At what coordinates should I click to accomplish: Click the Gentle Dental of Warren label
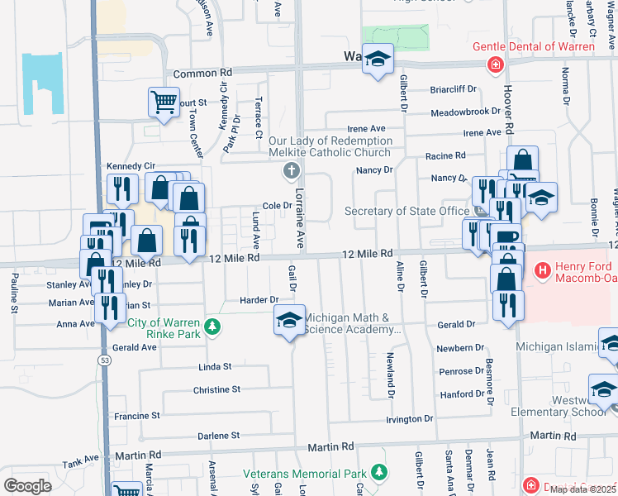tap(533, 46)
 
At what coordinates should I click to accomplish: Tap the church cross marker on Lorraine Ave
tap(290, 172)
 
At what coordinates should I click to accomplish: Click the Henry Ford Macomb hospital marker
tap(543, 269)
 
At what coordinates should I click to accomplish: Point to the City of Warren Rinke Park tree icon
tap(213, 327)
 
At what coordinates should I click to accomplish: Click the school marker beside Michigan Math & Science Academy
tap(288, 320)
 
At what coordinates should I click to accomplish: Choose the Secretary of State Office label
tap(406, 211)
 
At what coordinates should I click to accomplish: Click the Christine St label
tap(216, 389)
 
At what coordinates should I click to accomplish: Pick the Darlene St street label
tap(217, 435)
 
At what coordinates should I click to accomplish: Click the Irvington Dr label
tap(410, 419)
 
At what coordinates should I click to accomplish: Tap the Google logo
tap(27, 485)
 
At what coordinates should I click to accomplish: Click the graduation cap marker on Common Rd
tap(378, 60)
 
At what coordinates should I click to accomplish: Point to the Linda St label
tap(215, 366)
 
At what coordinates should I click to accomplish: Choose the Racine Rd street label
tap(445, 155)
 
